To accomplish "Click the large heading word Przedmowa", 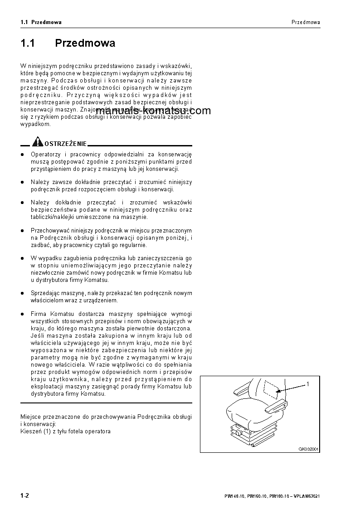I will [85, 44].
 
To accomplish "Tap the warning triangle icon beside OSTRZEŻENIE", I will [38, 143].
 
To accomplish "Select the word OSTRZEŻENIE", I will [65, 144].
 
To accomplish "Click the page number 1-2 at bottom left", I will [25, 495].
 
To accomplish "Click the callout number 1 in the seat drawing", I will [307, 384].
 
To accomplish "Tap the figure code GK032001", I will [308, 449].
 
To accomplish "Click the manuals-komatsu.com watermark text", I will [153, 111].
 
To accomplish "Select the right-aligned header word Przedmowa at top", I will [306, 22].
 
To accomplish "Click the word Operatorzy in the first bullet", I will [45, 155].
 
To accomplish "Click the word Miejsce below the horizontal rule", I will [31, 416].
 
